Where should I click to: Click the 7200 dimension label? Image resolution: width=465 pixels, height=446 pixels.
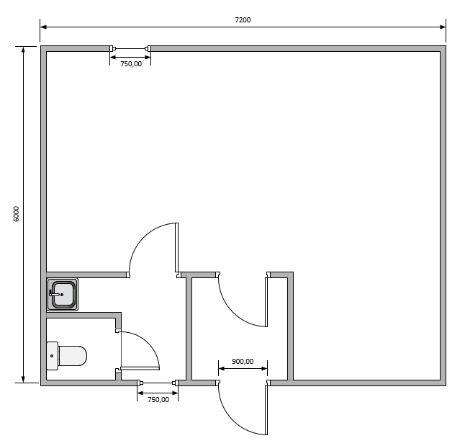[243, 20]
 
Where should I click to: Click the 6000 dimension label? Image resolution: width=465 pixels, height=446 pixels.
[16, 214]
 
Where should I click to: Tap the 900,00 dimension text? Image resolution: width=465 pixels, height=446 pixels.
[243, 362]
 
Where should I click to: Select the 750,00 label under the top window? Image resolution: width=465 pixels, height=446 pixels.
[131, 64]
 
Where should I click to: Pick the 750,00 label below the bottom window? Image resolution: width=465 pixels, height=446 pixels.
[158, 400]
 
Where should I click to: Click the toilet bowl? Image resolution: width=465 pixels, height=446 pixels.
[73, 356]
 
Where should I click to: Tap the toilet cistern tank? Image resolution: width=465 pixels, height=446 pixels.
[53, 356]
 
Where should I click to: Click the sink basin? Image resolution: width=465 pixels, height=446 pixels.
[63, 294]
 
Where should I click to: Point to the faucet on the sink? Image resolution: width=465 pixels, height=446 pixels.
[54, 294]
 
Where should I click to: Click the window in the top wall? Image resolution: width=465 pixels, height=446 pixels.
[130, 48]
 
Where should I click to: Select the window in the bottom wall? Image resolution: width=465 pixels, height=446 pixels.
[158, 383]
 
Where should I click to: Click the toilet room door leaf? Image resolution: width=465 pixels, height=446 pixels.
[140, 368]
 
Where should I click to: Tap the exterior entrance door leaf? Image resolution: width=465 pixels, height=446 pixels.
[266, 410]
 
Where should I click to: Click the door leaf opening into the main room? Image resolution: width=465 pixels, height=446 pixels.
[177, 248]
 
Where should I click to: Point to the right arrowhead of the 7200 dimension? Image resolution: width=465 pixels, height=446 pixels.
[443, 27]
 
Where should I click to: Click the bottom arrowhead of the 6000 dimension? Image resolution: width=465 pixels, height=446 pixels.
[23, 380]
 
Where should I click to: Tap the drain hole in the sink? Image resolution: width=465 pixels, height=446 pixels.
[62, 295]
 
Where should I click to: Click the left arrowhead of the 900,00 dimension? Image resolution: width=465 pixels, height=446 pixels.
[222, 368]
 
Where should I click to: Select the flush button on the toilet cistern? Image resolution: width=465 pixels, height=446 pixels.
[52, 356]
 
